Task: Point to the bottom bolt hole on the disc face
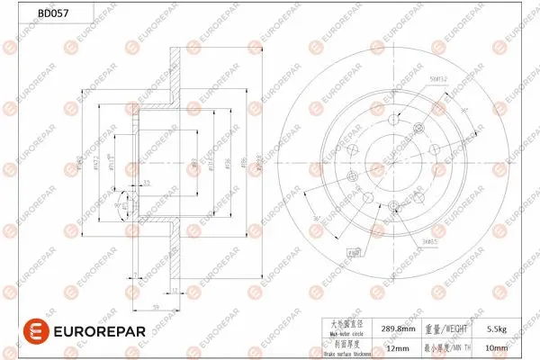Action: [393, 206]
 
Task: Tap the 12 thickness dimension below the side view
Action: [174, 289]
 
